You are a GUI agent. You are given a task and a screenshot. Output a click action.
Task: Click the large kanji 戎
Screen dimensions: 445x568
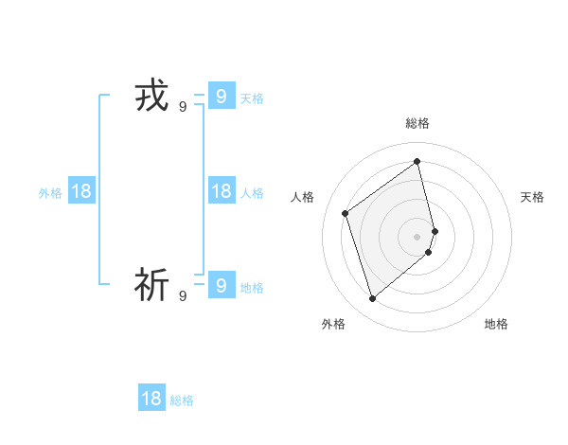151,97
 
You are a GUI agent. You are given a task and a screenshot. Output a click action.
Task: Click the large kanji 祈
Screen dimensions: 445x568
151,284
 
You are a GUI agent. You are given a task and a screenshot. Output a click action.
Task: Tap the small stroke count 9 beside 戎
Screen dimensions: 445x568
183,107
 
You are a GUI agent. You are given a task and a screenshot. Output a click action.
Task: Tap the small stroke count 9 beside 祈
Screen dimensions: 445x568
183,296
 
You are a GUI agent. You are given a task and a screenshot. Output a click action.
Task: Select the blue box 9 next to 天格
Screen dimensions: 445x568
221,96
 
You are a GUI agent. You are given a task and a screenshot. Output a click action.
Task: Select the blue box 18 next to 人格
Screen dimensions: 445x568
221,191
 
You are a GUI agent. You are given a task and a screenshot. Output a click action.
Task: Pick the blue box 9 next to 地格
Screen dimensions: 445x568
221,284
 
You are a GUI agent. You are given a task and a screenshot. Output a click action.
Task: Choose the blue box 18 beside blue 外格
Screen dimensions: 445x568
81,191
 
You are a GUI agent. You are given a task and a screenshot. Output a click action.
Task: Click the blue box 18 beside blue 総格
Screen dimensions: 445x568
151,399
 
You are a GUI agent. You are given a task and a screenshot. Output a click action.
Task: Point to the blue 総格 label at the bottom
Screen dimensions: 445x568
182,400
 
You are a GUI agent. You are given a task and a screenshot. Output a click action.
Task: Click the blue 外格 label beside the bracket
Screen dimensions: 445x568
50,193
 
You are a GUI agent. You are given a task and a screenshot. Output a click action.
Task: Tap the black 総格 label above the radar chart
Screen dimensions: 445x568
417,123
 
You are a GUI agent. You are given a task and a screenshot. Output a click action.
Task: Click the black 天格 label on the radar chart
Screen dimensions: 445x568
533,197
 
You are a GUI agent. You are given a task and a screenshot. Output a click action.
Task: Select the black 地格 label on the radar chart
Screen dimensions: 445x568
496,324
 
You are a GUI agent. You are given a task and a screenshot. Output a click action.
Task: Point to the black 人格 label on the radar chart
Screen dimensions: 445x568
303,197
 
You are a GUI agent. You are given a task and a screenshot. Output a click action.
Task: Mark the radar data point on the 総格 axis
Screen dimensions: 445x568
417,162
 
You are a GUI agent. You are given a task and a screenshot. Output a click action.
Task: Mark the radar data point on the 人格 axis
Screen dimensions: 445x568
346,213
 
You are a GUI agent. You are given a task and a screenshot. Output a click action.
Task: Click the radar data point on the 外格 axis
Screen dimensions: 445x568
372,299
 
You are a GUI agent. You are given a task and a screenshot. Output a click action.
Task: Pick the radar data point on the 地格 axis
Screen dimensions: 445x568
429,252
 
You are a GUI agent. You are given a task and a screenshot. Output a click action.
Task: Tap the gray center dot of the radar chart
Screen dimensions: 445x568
417,235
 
